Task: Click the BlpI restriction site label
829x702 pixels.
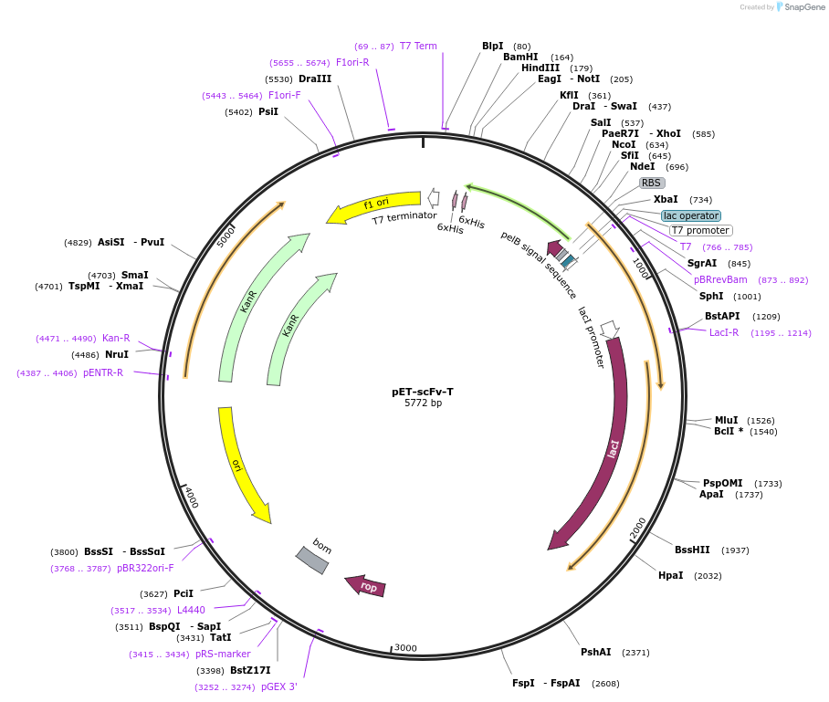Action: pos(492,46)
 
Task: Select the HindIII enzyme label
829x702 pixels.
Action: pos(540,68)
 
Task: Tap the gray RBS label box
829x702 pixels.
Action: pos(651,183)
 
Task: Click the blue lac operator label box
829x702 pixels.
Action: pos(691,215)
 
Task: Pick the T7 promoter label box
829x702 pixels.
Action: pos(700,230)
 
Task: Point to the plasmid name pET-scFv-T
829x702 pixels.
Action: pos(423,392)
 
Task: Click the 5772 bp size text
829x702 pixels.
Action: pos(423,403)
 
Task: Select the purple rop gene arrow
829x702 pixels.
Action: pos(365,586)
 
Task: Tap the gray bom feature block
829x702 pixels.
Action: pos(312,560)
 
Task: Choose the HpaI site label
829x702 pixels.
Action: pos(670,575)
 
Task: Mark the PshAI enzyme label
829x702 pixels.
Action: pos(595,652)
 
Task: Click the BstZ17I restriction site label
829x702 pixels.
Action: pos(249,670)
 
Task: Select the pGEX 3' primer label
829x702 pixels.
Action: pos(278,686)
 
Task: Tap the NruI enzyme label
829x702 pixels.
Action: pos(116,354)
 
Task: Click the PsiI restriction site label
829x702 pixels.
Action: pos(268,111)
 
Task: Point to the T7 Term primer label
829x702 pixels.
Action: pos(418,46)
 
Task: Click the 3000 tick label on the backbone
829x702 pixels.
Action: pos(405,648)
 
